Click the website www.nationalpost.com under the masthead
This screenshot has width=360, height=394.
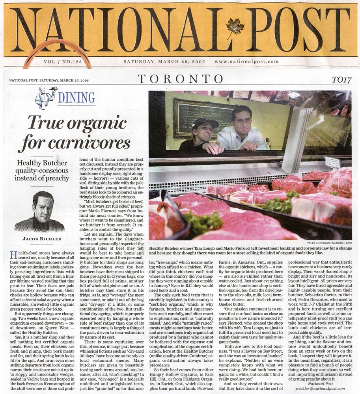[x=246, y=61]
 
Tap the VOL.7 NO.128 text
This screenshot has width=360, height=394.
[x=63, y=62]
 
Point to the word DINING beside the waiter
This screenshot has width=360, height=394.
[x=76, y=97]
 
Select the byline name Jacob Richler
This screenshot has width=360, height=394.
[x=39, y=239]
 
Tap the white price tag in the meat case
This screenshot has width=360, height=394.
[x=332, y=162]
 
